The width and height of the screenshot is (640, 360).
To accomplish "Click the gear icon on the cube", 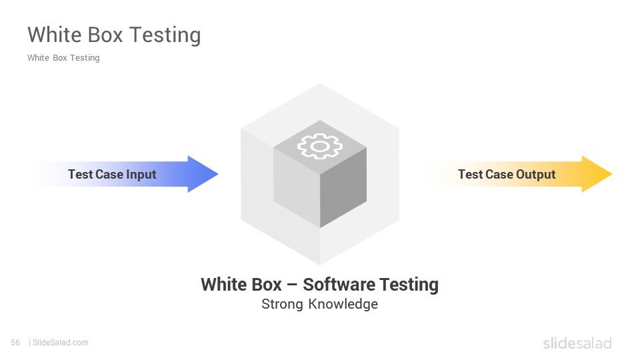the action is pyautogui.click(x=320, y=146).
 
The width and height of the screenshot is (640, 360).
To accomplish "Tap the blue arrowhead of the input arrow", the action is pyautogui.click(x=202, y=174).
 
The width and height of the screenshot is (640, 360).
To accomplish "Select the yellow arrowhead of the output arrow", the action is pyautogui.click(x=596, y=174).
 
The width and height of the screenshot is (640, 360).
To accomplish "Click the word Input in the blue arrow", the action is pyautogui.click(x=141, y=175).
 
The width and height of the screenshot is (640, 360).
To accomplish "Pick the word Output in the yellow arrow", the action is pyautogui.click(x=535, y=175).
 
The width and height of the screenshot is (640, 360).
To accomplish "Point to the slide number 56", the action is pyautogui.click(x=15, y=343).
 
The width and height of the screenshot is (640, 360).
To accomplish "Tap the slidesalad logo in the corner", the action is pyautogui.click(x=577, y=343).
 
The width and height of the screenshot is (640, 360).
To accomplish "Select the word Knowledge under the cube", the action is pyautogui.click(x=343, y=304).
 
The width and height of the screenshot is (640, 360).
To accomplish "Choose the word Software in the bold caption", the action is pyautogui.click(x=339, y=285).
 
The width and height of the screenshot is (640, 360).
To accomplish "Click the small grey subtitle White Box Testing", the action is pyautogui.click(x=63, y=58).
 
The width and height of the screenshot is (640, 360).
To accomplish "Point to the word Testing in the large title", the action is pyautogui.click(x=165, y=35).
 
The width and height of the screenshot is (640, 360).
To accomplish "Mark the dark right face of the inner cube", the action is pyautogui.click(x=343, y=188).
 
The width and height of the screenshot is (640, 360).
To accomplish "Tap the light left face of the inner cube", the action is pyautogui.click(x=297, y=188).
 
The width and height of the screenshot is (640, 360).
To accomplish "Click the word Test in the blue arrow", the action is pyautogui.click(x=81, y=174).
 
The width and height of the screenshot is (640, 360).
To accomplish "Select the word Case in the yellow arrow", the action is pyautogui.click(x=499, y=174).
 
